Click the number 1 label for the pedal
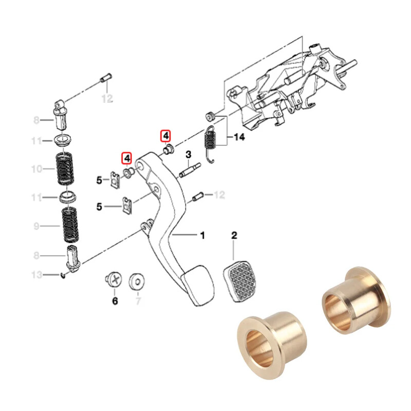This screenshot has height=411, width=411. click(202, 235)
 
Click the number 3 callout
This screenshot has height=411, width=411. click(189, 155)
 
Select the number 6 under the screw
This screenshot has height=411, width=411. click(115, 300)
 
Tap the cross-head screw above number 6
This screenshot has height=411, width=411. click(114, 281)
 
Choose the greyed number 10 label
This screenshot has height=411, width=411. click(38, 169)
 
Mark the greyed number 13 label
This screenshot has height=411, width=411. click(38, 274)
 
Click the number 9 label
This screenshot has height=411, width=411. click(38, 226)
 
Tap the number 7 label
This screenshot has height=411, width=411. click(137, 301)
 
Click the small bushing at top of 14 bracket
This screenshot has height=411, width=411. click(210, 114)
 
